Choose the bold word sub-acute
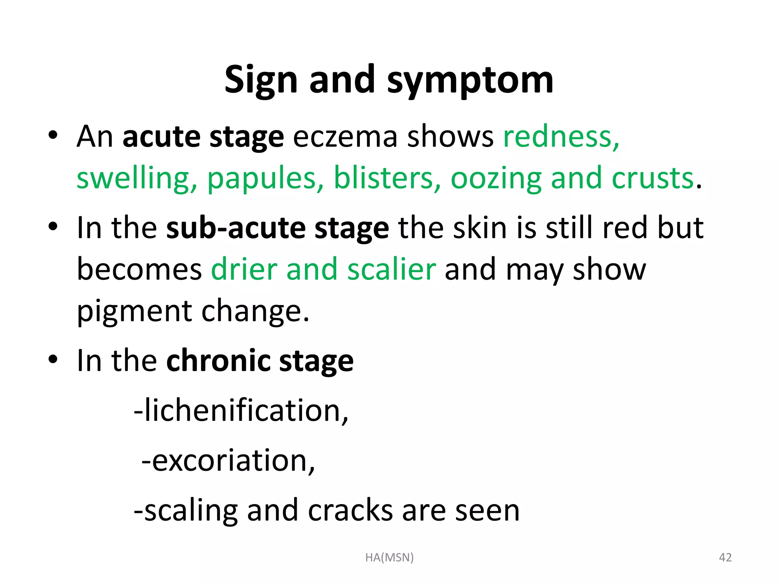coord(236,228)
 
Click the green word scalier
coord(391,269)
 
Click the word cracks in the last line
coord(350,510)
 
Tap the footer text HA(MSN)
coord(389,557)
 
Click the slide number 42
coord(725,557)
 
